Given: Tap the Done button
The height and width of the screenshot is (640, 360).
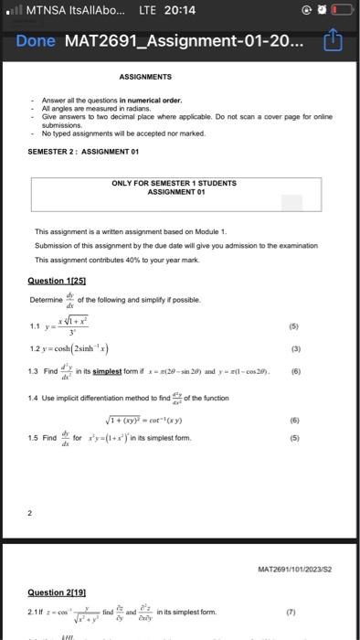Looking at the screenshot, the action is pos(36,42).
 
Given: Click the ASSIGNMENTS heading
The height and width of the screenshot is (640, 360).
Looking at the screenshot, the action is pos(144,78).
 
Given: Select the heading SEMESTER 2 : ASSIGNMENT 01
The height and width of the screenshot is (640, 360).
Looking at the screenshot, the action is pos(83,152).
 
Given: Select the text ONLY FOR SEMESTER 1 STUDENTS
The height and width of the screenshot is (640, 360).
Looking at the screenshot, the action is pos(174,184).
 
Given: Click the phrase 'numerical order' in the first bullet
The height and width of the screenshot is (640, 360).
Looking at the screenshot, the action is pos(159,100).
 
